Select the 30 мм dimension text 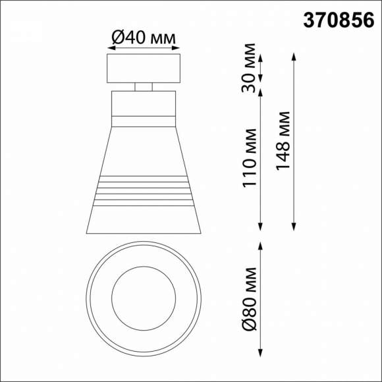250,67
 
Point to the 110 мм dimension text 250,156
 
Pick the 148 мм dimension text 283,141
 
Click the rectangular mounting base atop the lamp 144,68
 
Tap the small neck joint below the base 144,86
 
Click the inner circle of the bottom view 144,293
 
